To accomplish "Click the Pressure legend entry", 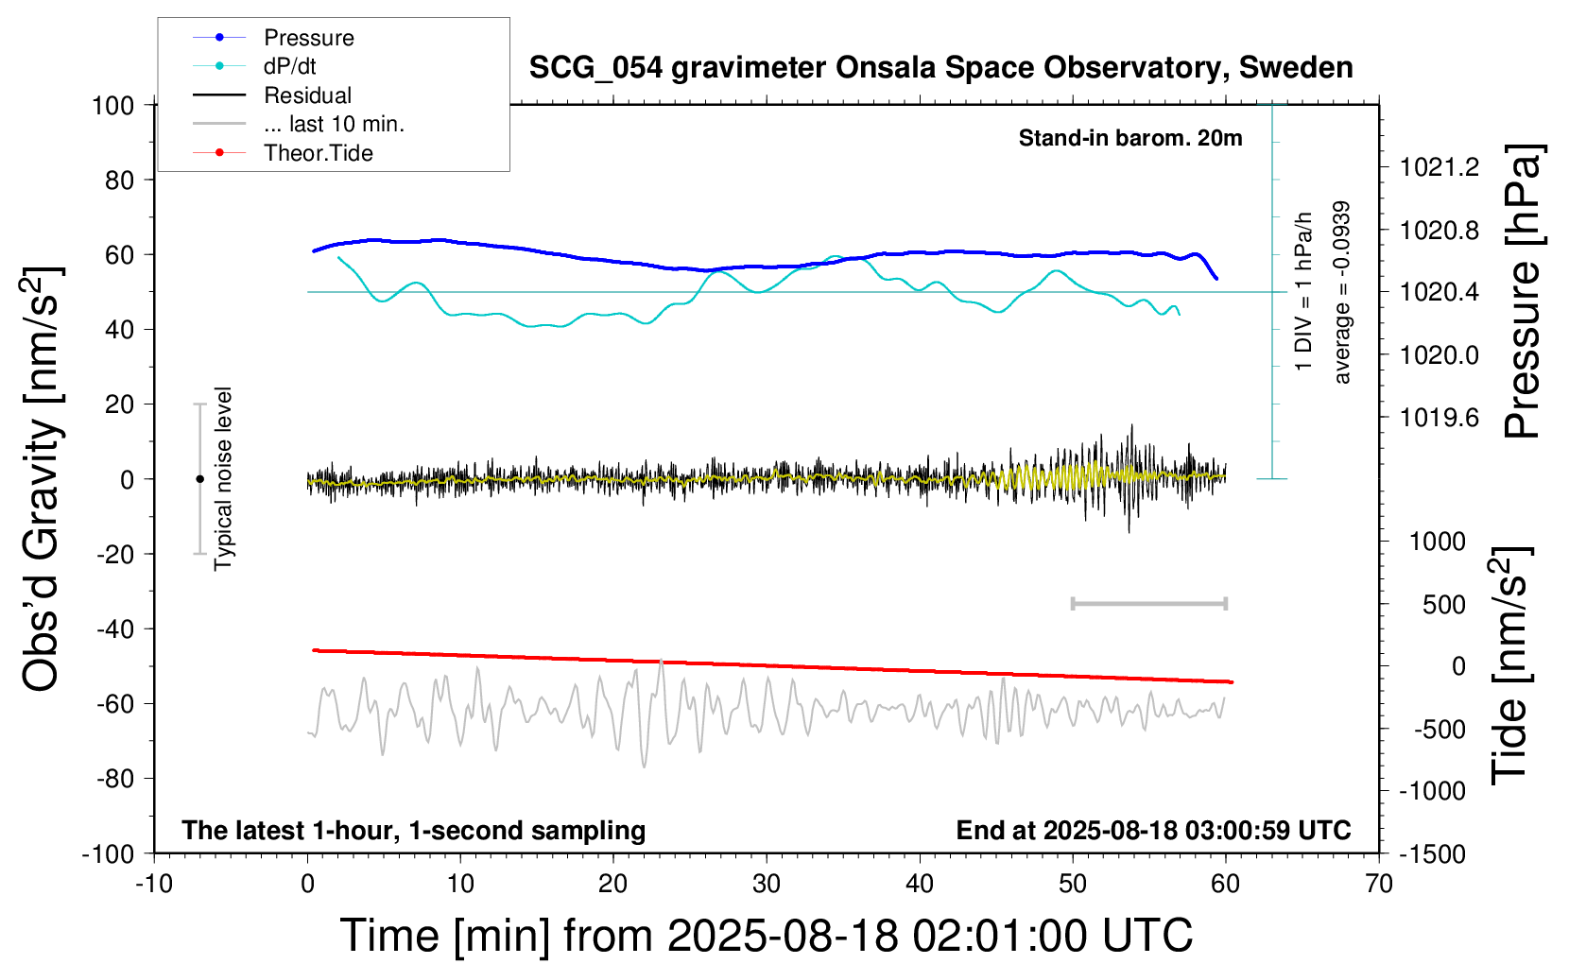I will (308, 38).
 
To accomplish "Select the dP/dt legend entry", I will (289, 66).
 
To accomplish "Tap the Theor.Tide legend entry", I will (318, 153).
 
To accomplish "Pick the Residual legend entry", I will (307, 95).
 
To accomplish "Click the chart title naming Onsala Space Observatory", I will (940, 68).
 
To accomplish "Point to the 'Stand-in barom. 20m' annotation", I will (1129, 138).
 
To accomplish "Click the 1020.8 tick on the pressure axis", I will (1439, 231).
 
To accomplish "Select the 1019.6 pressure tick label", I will (1439, 418).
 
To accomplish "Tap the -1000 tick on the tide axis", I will (1437, 791).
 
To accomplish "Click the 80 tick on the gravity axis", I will (119, 180).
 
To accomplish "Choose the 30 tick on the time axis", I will (767, 885).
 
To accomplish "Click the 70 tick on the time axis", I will (1379, 885).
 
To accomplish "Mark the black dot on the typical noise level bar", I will (199, 479).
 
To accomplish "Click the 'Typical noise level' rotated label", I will (223, 478).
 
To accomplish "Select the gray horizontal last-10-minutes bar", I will (1148, 603).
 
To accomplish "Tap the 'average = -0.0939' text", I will (1341, 292).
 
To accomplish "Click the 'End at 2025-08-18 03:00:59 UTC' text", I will (1153, 831).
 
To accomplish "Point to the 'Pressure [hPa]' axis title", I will (1524, 292).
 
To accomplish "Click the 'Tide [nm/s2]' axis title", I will (1509, 665).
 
